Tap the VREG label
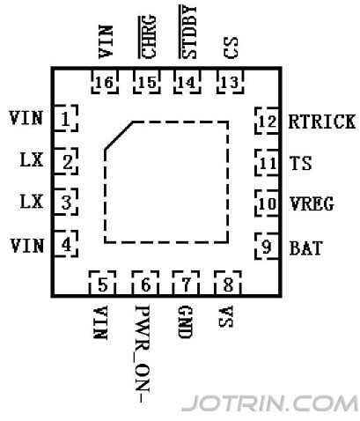click(311, 203)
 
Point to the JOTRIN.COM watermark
click(268, 403)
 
